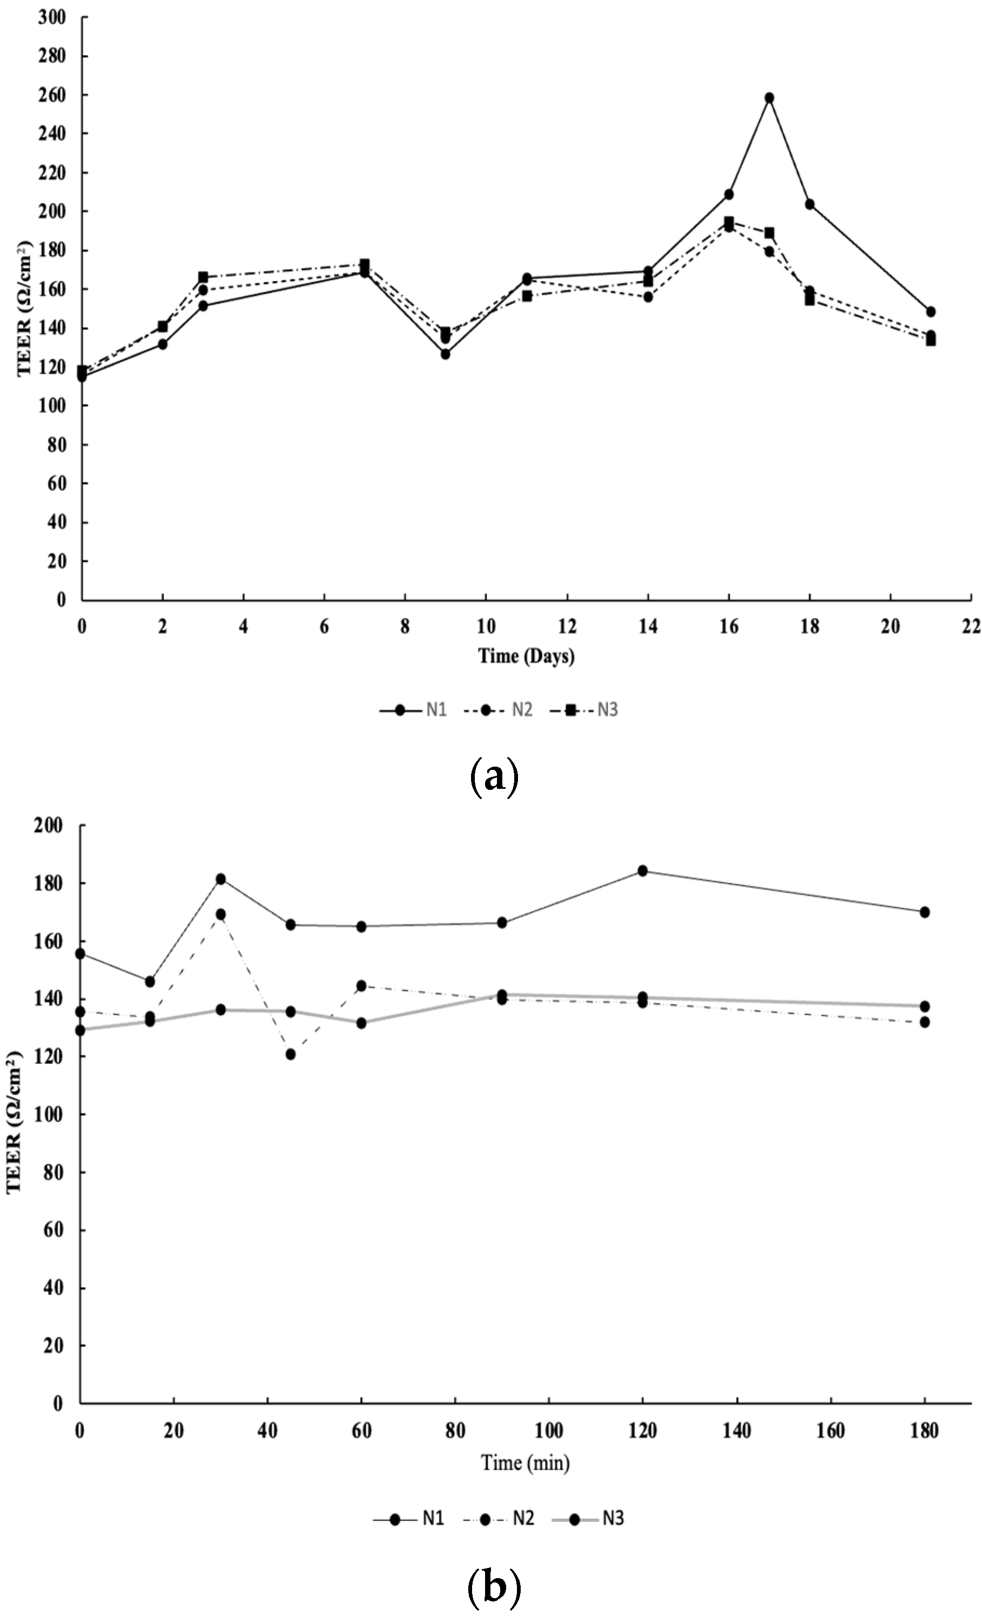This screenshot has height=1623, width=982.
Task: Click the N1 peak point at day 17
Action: tap(769, 97)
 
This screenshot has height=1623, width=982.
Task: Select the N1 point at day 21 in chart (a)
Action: tap(930, 312)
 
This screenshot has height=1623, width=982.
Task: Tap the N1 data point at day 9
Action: tap(445, 354)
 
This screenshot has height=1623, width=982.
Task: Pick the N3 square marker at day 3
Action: tap(203, 277)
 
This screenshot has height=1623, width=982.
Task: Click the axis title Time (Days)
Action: tap(526, 656)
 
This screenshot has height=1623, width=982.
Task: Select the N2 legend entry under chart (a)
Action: tap(498, 710)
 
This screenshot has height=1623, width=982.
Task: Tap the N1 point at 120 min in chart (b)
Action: tap(642, 871)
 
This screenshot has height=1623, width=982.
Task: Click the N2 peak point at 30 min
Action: tap(220, 914)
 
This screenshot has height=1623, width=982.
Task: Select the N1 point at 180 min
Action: tap(924, 911)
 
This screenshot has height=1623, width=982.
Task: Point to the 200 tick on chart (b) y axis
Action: tap(54, 826)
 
